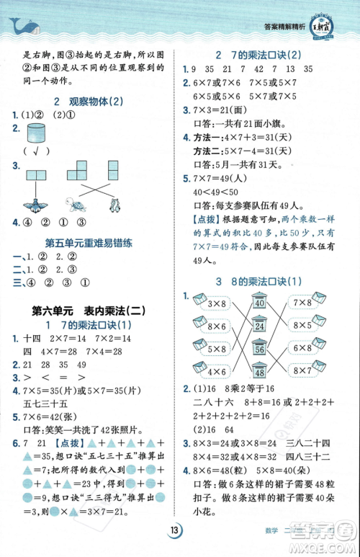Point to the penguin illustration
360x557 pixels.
115,204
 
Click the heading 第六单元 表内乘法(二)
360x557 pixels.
89,311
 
